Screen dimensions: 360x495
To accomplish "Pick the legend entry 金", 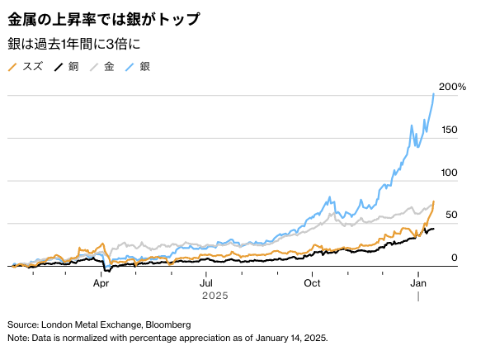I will pos(108,66).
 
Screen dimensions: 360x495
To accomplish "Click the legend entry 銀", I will pos(145,66).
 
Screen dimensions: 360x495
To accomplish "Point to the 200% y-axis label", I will pos(453,87).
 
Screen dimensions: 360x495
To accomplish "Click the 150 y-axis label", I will pos(449,130).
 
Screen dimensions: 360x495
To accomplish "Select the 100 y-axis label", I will pos(449,173).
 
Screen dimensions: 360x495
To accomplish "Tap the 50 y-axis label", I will pos(451,216).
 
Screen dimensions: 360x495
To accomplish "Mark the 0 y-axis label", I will pos(454,258).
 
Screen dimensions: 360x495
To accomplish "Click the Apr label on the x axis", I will pos(101,281).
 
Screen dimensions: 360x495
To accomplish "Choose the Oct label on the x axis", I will pos(313,281).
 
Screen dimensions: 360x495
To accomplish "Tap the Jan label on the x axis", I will pos(418,281).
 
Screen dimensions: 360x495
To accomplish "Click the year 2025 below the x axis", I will pos(215,295).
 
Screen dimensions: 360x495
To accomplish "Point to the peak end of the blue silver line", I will pos(434,94).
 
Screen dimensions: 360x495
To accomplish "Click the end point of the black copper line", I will pos(434,229).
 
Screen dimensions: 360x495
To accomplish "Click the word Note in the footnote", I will pos(17,339).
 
